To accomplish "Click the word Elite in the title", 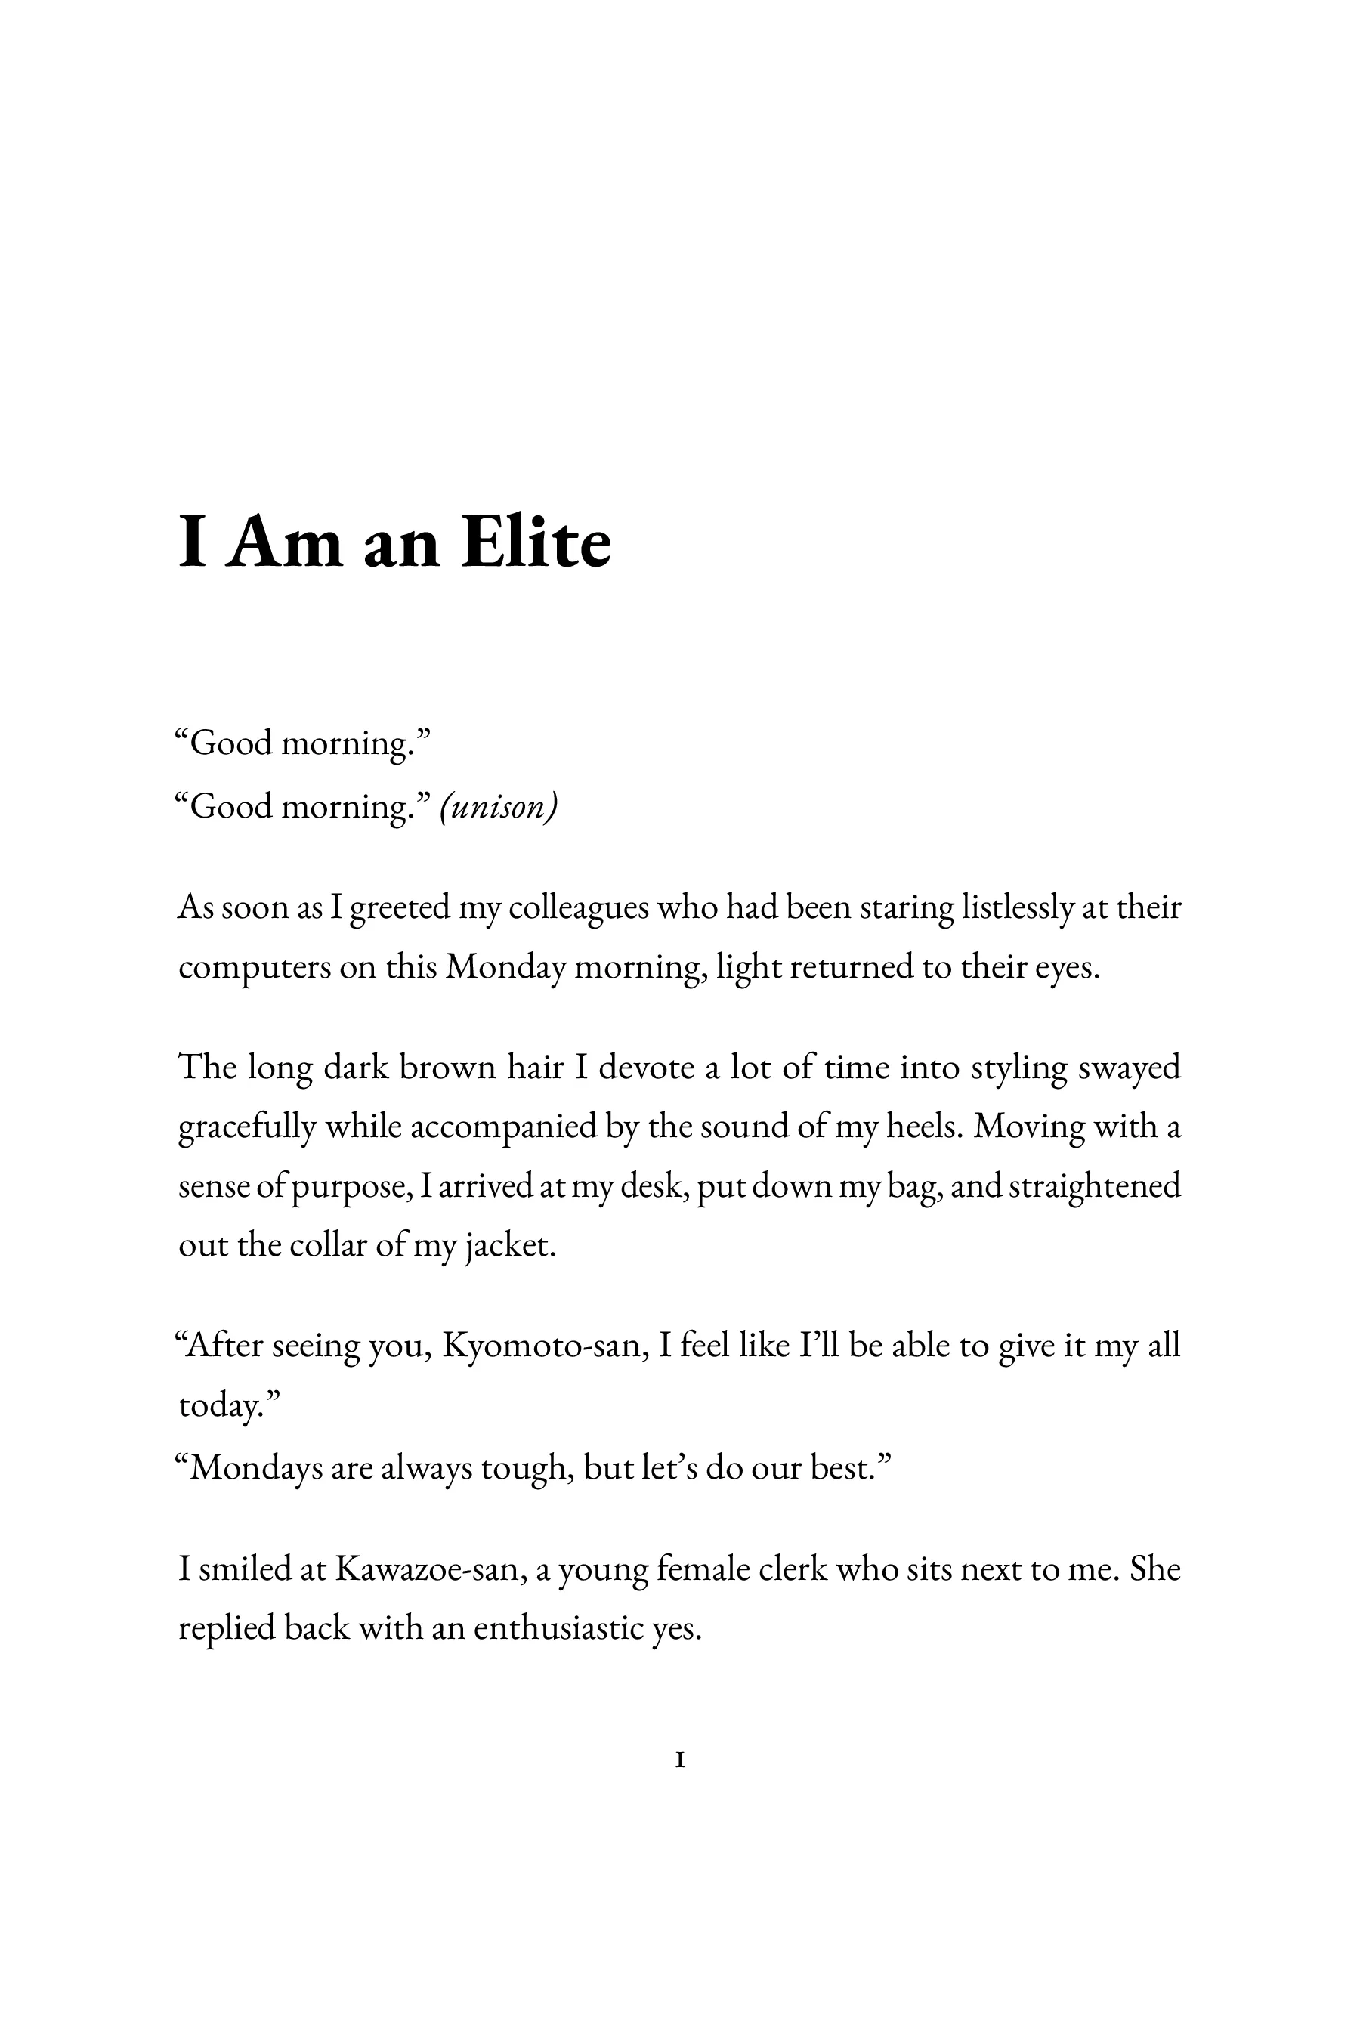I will (x=535, y=543).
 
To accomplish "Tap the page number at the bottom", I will (x=680, y=1760).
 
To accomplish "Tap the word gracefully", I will (x=247, y=1127).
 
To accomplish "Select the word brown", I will (x=438, y=1067).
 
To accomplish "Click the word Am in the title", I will (x=285, y=543).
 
